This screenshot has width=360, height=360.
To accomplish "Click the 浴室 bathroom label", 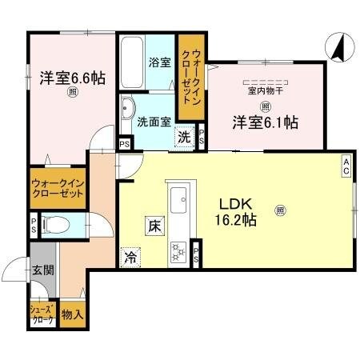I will pos(158,62).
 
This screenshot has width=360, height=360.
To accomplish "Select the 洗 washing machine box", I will pos(184,136).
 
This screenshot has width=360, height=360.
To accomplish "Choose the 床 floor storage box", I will pos(153,226).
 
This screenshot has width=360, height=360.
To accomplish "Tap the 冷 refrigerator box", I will pos(129,257).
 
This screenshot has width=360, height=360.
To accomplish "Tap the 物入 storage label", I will pos(72,314).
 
